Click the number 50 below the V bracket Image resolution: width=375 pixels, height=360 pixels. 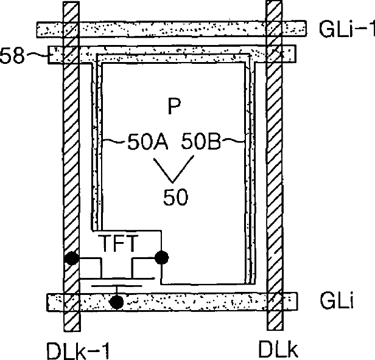pos(175,196)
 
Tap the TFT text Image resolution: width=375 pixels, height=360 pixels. pos(120,244)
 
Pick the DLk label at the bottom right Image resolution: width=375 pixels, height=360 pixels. pos(277,349)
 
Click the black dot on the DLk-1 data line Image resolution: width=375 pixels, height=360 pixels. pos(72,258)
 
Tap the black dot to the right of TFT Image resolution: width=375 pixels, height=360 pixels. pos(161,258)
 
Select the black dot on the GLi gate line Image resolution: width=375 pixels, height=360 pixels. pos(116,301)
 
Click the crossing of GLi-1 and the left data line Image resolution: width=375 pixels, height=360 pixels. pos(71,29)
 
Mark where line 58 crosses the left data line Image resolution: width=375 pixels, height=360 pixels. pos(71,55)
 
